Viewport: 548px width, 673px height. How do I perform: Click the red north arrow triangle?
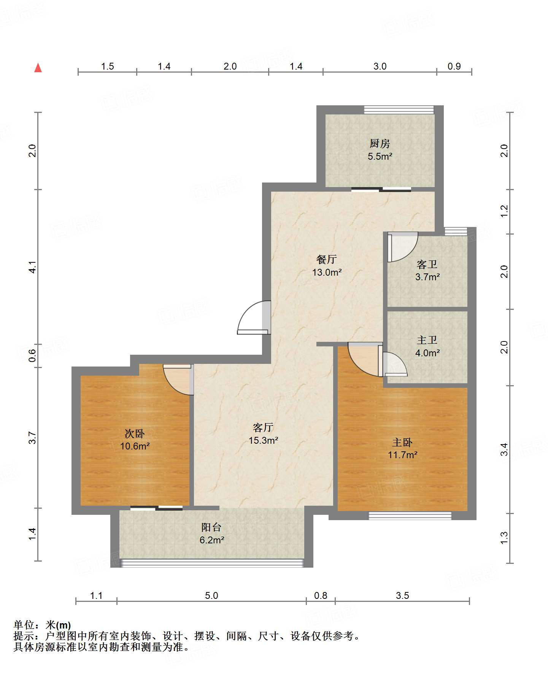click(x=38, y=68)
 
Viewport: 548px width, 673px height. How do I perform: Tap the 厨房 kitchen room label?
click(x=380, y=144)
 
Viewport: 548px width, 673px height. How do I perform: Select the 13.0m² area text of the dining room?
click(x=327, y=272)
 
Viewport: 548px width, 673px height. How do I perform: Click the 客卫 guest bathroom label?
click(x=427, y=264)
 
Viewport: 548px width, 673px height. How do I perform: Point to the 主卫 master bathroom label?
click(x=427, y=340)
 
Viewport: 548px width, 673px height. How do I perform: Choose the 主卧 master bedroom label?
click(x=402, y=442)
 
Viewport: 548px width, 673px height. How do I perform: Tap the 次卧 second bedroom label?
click(x=135, y=433)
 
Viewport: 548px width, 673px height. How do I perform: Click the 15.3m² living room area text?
click(x=264, y=440)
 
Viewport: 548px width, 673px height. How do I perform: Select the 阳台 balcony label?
click(x=211, y=527)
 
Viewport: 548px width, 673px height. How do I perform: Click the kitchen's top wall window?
click(x=399, y=110)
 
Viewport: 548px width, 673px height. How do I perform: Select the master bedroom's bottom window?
click(x=410, y=516)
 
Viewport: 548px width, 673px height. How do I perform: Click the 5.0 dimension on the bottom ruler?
click(x=211, y=595)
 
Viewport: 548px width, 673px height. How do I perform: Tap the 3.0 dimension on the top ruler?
click(x=380, y=66)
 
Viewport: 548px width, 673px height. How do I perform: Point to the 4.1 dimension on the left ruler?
click(x=33, y=267)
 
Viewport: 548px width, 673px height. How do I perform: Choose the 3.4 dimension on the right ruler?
click(x=504, y=449)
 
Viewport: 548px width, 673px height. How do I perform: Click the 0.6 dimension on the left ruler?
click(x=33, y=355)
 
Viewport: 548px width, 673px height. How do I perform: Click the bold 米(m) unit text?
click(x=58, y=625)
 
